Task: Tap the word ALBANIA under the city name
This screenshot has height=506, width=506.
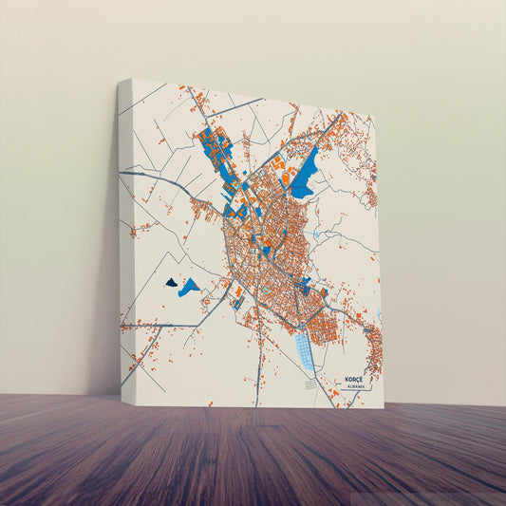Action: tap(357, 386)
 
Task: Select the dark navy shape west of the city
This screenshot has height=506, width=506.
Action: tap(171, 282)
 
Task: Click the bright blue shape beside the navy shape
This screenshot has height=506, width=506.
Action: tap(190, 286)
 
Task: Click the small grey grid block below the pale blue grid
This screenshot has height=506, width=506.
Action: tap(310, 384)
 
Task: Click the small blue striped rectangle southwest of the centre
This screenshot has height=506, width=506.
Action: tap(237, 303)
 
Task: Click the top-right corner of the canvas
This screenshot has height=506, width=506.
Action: tap(373, 119)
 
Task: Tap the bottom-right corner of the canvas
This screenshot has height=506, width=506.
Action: tap(383, 408)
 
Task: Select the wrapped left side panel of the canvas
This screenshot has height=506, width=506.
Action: tap(125, 237)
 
